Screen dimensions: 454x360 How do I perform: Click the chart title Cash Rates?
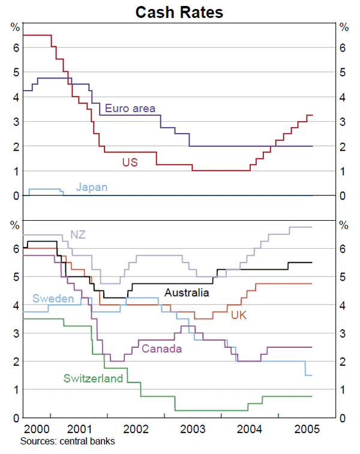tap(179, 11)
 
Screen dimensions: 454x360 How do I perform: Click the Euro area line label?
tap(130, 109)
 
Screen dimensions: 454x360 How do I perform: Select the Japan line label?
tap(92, 187)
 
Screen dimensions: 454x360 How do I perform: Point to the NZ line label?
tap(78, 234)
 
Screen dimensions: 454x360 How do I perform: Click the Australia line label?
tap(187, 293)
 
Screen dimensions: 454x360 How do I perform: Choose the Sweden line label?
tap(53, 299)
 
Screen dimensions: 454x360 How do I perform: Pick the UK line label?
tap(239, 315)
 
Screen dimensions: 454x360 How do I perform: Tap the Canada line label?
tap(161, 348)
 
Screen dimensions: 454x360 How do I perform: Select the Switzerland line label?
tap(93, 378)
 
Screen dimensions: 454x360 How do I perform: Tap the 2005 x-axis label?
tap(307, 429)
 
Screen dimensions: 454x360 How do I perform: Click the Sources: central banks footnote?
tap(67, 441)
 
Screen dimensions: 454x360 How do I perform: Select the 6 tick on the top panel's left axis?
tap(16, 47)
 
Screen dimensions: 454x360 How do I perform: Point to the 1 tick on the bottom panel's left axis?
tap(16, 389)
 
